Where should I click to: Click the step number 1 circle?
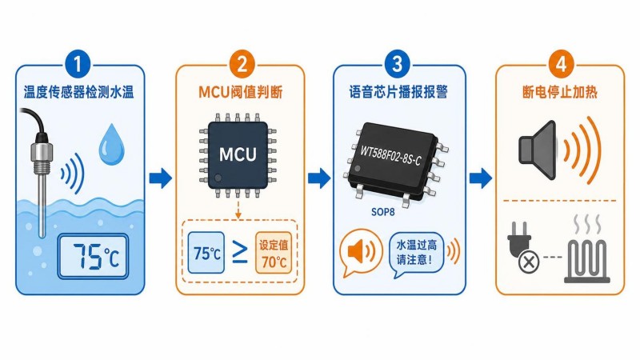[x=77, y=64]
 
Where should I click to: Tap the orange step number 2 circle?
[x=242, y=64]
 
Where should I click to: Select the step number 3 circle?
[x=397, y=64]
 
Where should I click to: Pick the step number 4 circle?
[x=562, y=64]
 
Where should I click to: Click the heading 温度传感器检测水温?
[x=78, y=92]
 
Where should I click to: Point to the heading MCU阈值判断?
[x=241, y=92]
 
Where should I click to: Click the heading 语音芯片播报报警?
[x=398, y=92]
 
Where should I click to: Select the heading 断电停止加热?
[x=560, y=92]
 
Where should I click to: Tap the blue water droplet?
[x=111, y=146]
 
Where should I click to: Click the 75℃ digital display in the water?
[x=93, y=256]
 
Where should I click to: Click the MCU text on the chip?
[x=238, y=154]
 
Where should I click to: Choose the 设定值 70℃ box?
[x=274, y=253]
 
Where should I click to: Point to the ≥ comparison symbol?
[x=239, y=252]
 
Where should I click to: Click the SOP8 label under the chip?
[x=383, y=212]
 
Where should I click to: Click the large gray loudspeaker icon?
[x=538, y=150]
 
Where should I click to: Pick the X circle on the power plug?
[x=529, y=262]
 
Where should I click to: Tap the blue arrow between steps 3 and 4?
[x=481, y=178]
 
